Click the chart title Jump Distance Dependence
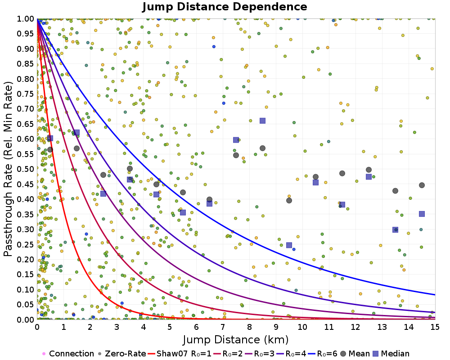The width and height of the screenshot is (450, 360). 225,7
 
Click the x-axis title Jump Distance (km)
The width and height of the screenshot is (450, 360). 236,339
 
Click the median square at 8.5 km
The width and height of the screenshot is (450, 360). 262,121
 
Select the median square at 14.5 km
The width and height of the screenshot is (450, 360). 422,214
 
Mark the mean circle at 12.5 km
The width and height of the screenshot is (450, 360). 369,170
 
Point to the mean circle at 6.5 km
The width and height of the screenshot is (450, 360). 209,199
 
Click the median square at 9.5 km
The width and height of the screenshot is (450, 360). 289,245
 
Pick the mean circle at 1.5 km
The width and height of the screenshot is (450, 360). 76,148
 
